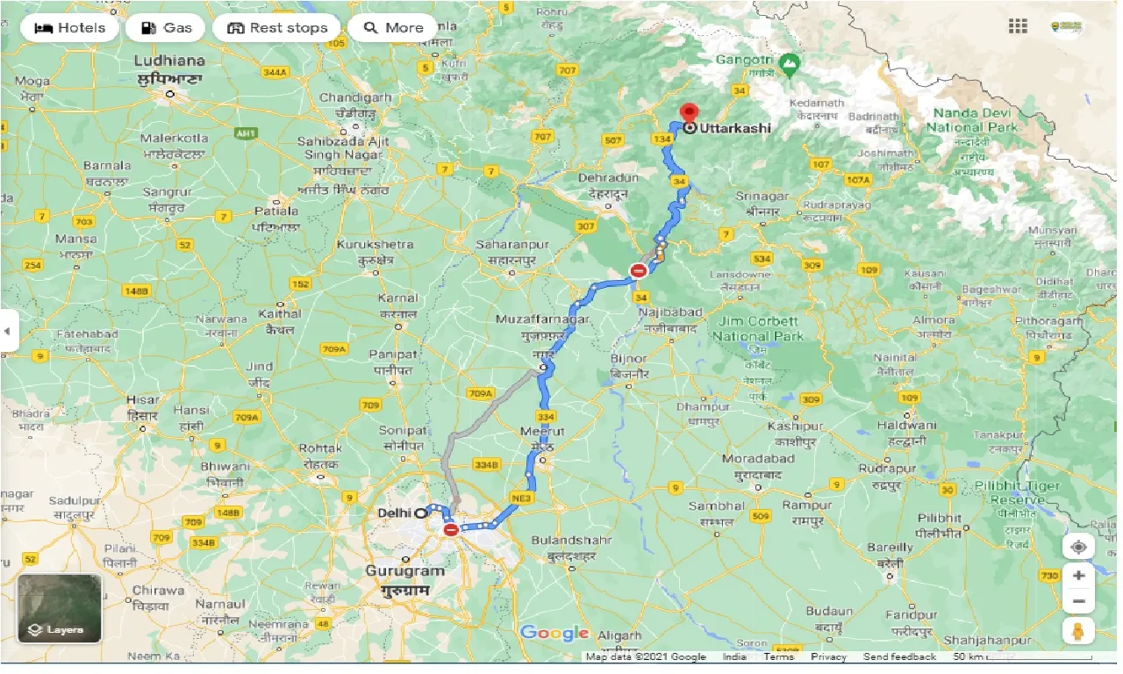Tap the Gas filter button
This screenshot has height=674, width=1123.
click(165, 28)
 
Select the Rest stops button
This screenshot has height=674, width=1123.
click(276, 28)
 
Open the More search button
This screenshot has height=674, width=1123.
click(393, 28)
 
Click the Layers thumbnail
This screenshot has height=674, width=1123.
click(59, 608)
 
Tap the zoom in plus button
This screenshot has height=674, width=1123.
click(1078, 576)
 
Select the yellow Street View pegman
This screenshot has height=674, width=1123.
click(1078, 630)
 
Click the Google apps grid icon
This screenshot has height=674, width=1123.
click(1018, 26)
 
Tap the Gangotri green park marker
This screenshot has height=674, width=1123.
click(790, 62)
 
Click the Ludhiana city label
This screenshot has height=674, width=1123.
click(170, 61)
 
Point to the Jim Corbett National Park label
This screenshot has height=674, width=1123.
click(757, 329)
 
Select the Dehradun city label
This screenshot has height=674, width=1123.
click(607, 177)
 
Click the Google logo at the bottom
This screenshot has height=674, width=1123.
click(554, 633)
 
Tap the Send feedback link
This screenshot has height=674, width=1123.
click(899, 656)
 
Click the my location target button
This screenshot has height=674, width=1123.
click(1078, 548)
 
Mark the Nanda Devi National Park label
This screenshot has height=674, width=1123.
click(971, 120)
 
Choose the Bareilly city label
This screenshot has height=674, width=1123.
click(890, 548)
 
